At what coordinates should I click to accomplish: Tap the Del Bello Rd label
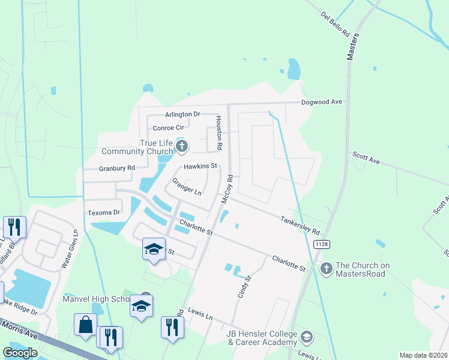(335, 24)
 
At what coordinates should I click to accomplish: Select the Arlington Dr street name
(182, 114)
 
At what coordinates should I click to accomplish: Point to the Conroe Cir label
(168, 128)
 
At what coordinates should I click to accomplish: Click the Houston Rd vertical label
(220, 133)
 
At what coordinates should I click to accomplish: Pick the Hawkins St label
(200, 166)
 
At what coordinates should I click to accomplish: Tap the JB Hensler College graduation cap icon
(307, 336)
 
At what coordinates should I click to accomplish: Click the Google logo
(20, 353)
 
